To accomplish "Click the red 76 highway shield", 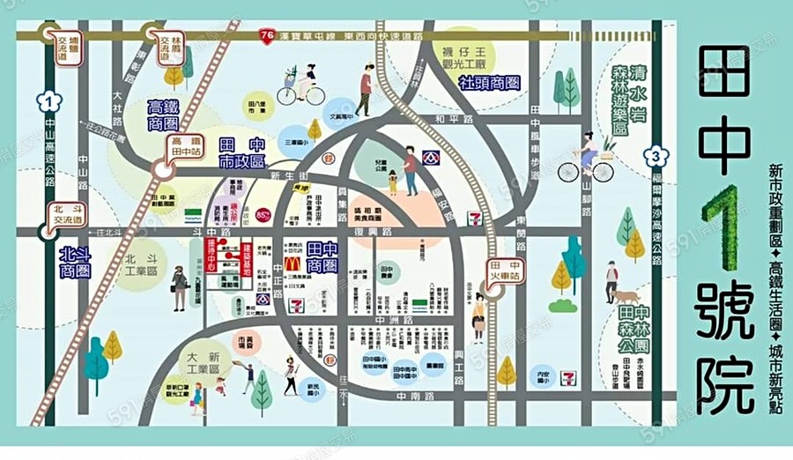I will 267,36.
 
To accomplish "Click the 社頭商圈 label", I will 488,83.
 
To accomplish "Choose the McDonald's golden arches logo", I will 293,263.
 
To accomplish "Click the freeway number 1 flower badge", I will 49,100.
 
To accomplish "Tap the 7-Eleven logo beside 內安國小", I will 570,378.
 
